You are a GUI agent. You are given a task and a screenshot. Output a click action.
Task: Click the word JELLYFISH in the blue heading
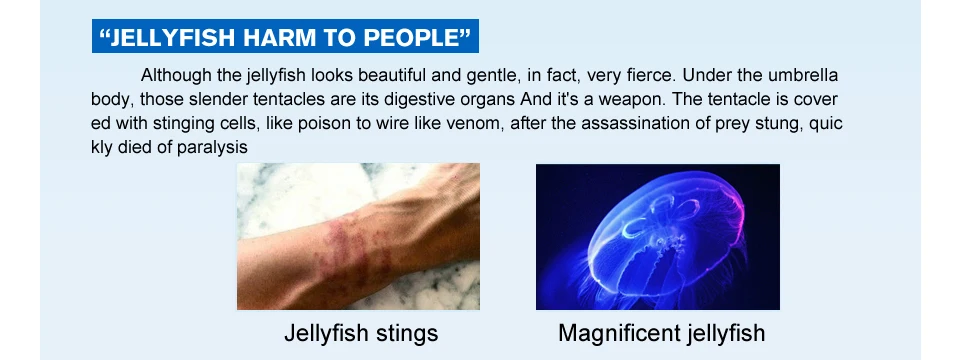click(173, 38)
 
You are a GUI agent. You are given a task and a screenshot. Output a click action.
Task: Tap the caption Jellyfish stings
click(361, 334)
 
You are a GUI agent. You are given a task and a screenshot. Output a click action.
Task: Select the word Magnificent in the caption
click(615, 334)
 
